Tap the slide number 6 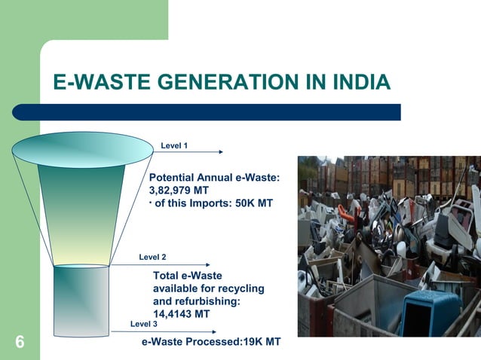pos(20,343)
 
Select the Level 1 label pos(174,145)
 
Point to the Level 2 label pos(152,258)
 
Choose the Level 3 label pos(144,324)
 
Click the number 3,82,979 pos(172,190)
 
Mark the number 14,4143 pos(172,314)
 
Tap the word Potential pos(174,177)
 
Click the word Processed pos(213,342)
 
